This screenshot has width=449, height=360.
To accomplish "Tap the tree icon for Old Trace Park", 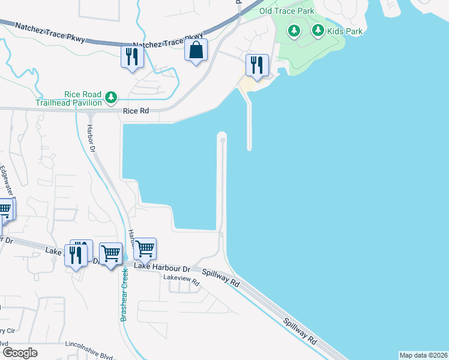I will tap(294, 31).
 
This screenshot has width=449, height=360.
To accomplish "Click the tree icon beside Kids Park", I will tap(318, 30).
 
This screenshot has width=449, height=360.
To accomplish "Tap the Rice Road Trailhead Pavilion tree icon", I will tap(110, 97).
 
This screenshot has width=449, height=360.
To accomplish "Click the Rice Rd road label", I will tap(135, 112).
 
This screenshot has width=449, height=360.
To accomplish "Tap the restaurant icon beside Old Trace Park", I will tap(258, 65).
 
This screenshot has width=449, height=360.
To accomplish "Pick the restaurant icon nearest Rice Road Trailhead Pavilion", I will tap(131, 57).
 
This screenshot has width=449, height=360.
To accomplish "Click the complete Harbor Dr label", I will tap(91, 138).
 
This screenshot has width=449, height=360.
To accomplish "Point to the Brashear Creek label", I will tap(124, 295).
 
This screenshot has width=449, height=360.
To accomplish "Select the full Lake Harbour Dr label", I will tap(161, 267).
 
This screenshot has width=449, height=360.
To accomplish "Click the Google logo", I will tap(20, 353).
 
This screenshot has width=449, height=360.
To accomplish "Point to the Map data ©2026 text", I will tap(423, 355).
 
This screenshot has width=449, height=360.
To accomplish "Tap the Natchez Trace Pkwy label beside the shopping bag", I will tap(157, 44).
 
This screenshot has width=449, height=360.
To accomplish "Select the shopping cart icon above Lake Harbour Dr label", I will tap(145, 248).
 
